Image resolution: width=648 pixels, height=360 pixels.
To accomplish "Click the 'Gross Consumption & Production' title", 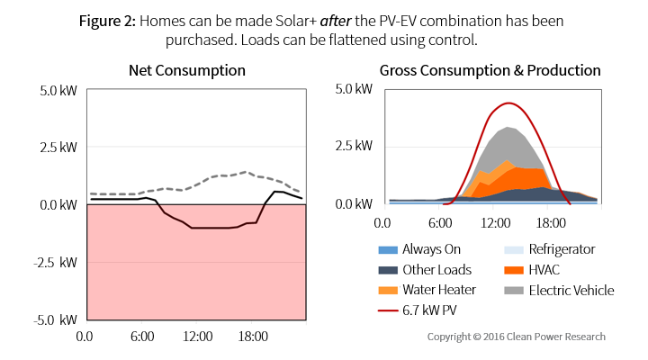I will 490,70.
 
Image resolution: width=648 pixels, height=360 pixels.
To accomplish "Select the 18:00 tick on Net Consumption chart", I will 253,337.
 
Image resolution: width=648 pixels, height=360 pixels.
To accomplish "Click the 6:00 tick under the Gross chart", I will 438,220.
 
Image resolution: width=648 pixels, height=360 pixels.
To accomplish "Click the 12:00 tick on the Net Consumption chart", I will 197,337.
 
